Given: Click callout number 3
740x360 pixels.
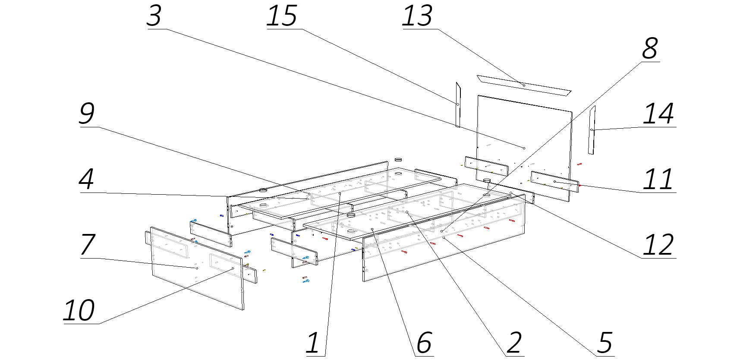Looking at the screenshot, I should pos(154,16).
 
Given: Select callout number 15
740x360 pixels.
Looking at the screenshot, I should pos(282,16).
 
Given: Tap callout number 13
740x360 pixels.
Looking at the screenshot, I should pos(417,16).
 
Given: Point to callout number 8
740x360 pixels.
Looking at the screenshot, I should pos(649,48).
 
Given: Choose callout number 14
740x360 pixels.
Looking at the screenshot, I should pos(658,114).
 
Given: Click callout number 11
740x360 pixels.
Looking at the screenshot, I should pos(658,180).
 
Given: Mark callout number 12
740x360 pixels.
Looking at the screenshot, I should pos(658,245).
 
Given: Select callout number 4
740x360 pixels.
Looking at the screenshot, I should pos(87,179).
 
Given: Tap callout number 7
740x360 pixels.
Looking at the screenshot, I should pos(88,245).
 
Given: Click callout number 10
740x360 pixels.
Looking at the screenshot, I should pos(79,310).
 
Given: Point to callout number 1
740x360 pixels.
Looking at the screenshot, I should pos(313,343).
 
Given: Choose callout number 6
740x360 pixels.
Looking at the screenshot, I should pos(424,343).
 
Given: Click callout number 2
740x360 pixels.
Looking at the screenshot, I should pos(514,343).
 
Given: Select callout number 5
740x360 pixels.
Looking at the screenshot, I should pos(605,343).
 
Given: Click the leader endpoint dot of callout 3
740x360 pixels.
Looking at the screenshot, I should pos(524,148).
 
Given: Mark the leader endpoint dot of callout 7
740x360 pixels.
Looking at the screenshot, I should pos(197,268).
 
